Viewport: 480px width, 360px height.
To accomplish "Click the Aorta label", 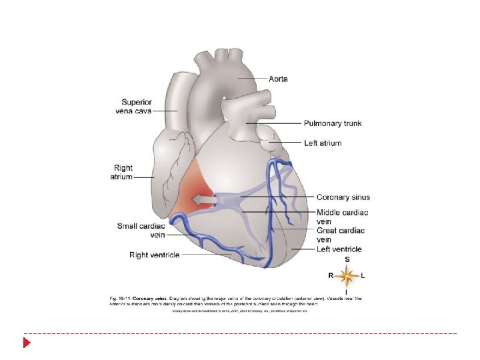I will [x=278, y=79].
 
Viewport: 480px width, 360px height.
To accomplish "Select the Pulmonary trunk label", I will [x=333, y=123].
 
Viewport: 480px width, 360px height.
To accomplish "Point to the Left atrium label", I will [x=323, y=143].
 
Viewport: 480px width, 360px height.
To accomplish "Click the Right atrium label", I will [x=123, y=173].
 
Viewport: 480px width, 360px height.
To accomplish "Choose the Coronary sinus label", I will [x=343, y=197].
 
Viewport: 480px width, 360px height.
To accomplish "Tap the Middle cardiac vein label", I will [x=341, y=217].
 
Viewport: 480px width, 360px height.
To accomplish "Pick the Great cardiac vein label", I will [x=340, y=235].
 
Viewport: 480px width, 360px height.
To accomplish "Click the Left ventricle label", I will [x=339, y=249].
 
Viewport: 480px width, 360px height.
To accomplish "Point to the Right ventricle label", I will [x=154, y=255].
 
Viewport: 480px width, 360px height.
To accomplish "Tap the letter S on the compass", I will [x=347, y=259].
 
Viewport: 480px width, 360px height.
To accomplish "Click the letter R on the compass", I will [x=331, y=275].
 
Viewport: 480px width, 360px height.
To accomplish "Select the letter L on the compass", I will [x=363, y=275].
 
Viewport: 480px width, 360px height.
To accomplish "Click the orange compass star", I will [x=347, y=275].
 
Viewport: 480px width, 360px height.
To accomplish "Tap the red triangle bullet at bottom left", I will [x=27, y=343].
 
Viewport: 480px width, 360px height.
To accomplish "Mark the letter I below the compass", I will [x=347, y=292].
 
